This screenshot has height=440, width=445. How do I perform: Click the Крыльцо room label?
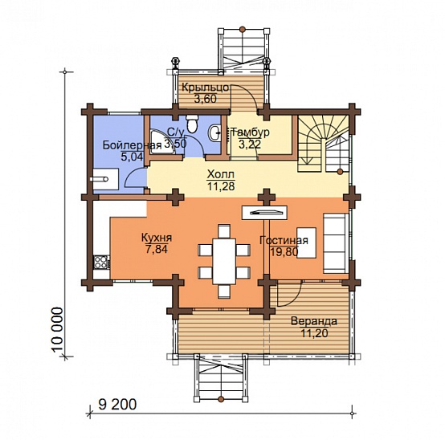205,88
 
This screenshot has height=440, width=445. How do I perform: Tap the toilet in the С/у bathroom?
192,124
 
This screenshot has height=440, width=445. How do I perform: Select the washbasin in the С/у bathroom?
214,132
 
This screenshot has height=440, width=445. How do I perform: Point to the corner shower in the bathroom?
162,142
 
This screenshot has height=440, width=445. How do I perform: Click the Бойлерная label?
132,145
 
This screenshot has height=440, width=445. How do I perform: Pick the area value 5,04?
132,157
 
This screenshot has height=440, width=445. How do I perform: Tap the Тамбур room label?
251,132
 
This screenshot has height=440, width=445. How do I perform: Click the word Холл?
221,173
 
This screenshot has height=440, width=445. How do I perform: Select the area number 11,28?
221,186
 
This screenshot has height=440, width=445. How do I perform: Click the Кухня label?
157,238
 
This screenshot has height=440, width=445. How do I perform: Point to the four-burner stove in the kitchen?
101,262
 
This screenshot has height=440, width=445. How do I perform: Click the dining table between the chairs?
224,261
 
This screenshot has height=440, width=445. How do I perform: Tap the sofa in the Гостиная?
336,243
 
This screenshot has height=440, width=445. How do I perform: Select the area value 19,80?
284,251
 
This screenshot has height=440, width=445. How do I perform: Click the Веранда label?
314,321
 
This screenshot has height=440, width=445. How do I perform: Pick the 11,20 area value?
314,333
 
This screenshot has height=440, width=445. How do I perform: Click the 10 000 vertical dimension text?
58,330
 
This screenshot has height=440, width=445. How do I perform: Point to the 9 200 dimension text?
117,404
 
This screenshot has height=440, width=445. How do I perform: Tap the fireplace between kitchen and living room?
264,212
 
